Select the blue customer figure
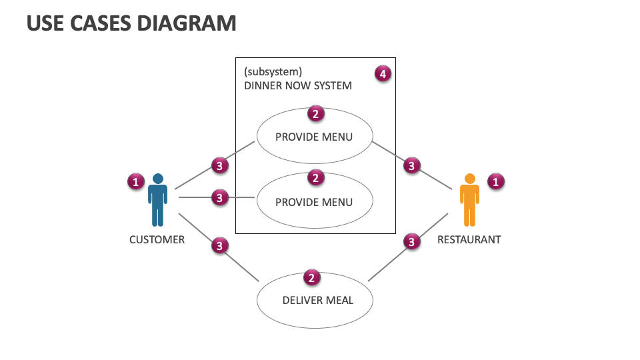pyautogui.click(x=158, y=200)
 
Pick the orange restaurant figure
pyautogui.click(x=470, y=200)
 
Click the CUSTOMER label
pyautogui.click(x=157, y=239)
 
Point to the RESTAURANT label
pyautogui.click(x=469, y=239)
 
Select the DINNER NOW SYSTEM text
pyautogui.click(x=297, y=86)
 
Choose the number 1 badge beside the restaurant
pyautogui.click(x=495, y=181)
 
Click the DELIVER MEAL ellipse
pyautogui.click(x=315, y=301)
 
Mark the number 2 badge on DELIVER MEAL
pyautogui.click(x=311, y=278)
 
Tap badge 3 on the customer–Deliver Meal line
pyautogui.click(x=220, y=246)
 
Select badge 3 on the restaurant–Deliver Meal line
pyautogui.click(x=411, y=242)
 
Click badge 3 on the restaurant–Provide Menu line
pyautogui.click(x=412, y=165)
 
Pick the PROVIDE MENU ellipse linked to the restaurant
pyautogui.click(x=314, y=137)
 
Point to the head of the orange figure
pyautogui.click(x=470, y=179)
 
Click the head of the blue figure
pyautogui.click(x=158, y=179)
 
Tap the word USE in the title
pyautogui.click(x=44, y=23)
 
